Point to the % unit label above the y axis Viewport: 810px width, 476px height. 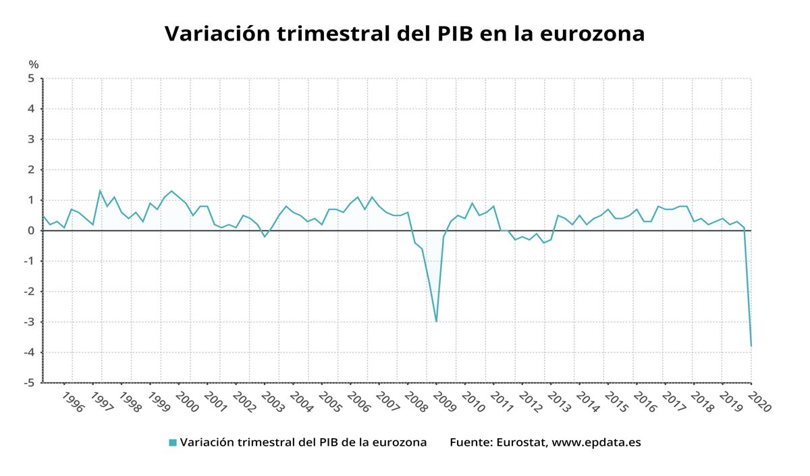pyautogui.click(x=34, y=65)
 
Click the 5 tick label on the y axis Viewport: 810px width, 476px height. pyautogui.click(x=31, y=78)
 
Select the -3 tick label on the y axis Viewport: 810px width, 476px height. pyautogui.click(x=29, y=322)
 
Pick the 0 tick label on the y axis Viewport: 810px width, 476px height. pyautogui.click(x=31, y=231)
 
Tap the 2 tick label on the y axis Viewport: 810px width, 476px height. pyautogui.click(x=31, y=170)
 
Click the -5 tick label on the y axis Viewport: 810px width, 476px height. pyautogui.click(x=29, y=383)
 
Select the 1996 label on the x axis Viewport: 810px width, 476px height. pyautogui.click(x=73, y=402)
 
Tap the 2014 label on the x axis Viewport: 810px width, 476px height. pyautogui.click(x=588, y=402)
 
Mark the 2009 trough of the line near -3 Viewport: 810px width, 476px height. pyautogui.click(x=436, y=321)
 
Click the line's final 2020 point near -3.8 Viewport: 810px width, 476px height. pyautogui.click(x=751, y=346)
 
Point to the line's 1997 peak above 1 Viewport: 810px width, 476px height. pyautogui.click(x=100, y=190)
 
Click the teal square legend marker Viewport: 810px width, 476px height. pyautogui.click(x=173, y=443)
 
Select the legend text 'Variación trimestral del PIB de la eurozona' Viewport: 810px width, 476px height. pyautogui.click(x=303, y=443)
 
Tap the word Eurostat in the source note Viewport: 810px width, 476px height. pyautogui.click(x=520, y=443)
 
